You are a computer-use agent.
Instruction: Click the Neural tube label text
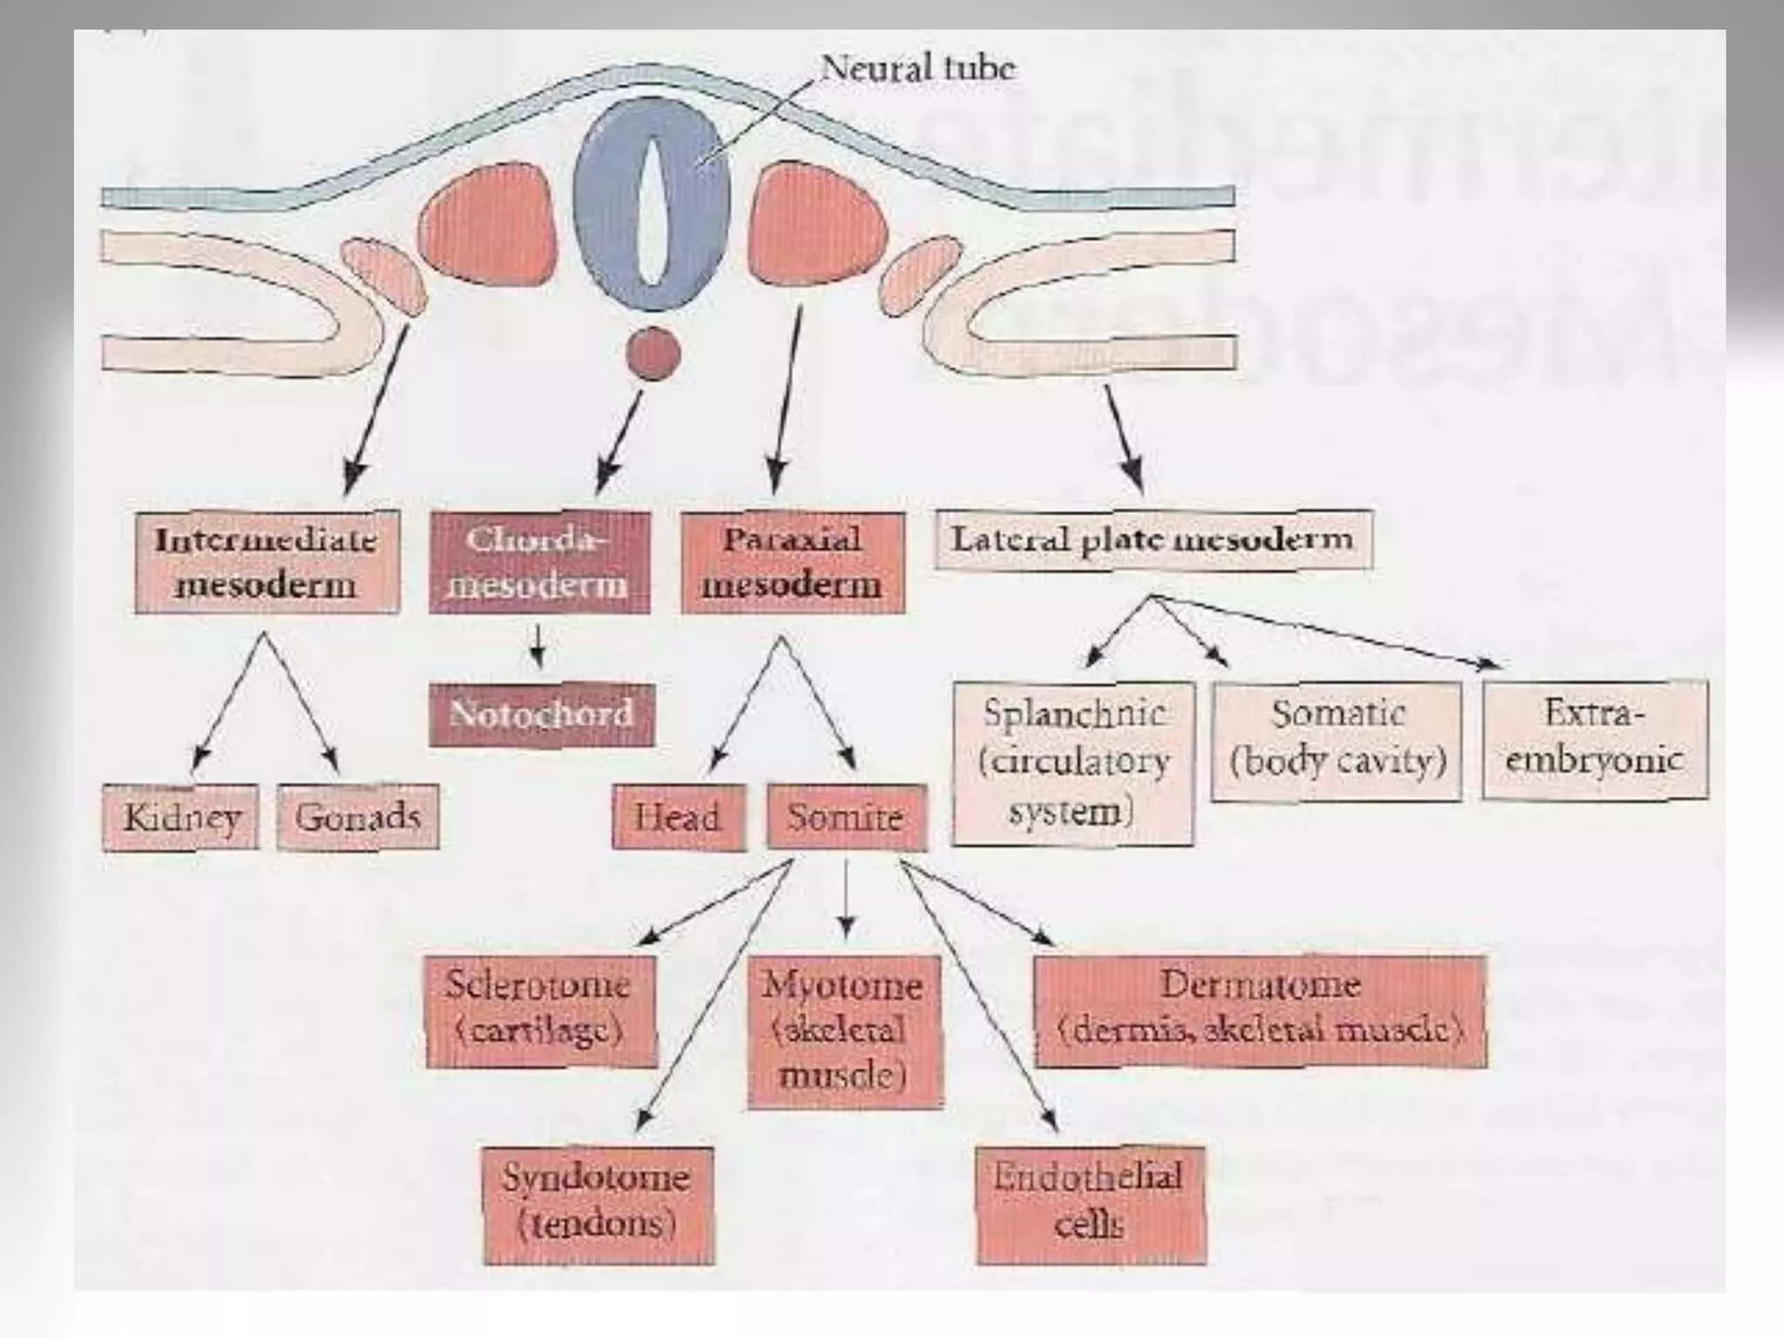click(918, 68)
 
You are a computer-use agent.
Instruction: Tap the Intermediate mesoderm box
click(267, 562)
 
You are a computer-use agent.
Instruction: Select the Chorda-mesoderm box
click(539, 562)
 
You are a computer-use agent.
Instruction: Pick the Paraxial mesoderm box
click(792, 562)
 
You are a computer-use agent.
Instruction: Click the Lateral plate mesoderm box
click(1153, 539)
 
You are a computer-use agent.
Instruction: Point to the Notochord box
click(541, 715)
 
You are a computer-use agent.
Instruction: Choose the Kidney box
click(180, 817)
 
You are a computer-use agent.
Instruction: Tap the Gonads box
click(357, 817)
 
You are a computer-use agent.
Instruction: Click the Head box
click(679, 817)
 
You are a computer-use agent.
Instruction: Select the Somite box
click(846, 817)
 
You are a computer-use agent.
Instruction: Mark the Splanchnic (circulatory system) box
click(1072, 763)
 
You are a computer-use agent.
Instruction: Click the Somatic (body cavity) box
click(1336, 740)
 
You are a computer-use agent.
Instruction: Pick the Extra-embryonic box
click(1594, 740)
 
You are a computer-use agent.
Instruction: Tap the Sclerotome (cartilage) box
click(540, 1010)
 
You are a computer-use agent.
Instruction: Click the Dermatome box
click(1260, 1010)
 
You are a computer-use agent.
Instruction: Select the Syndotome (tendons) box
click(598, 1205)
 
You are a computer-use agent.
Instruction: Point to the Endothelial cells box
click(1091, 1205)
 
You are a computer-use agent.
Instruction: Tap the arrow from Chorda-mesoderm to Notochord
click(539, 646)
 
